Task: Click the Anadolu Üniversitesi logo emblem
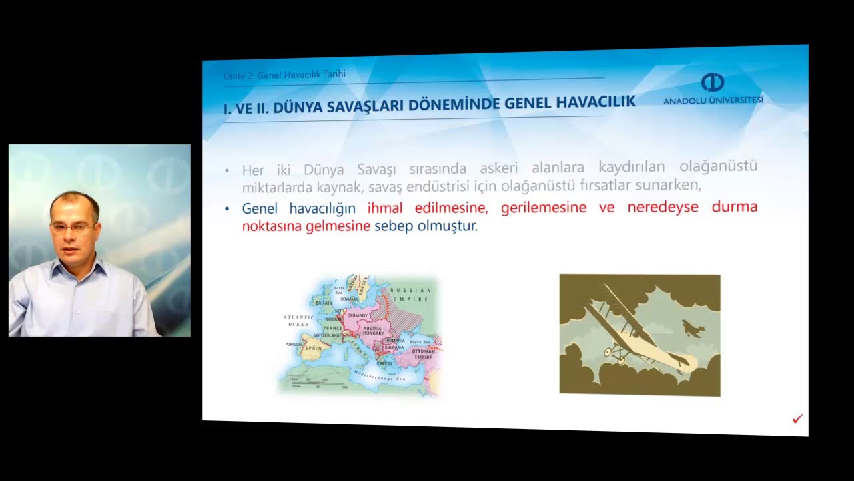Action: tap(713, 83)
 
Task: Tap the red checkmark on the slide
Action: tap(797, 419)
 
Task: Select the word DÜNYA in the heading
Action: tap(298, 106)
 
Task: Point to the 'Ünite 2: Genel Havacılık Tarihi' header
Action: tap(284, 75)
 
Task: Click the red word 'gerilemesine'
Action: tap(544, 207)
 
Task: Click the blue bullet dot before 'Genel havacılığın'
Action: tap(228, 209)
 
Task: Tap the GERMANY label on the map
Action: tap(358, 315)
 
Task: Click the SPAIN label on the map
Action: tap(313, 348)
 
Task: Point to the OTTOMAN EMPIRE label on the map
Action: tap(423, 354)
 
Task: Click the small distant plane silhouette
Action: tap(693, 329)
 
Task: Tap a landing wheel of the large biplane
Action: tap(609, 352)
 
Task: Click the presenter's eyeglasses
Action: tap(71, 228)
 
